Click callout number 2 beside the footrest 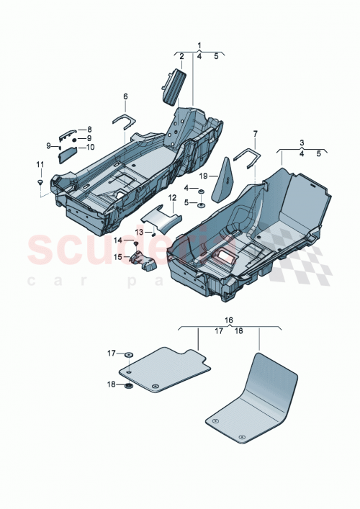[x=181, y=56]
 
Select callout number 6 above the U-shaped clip [x=125, y=96]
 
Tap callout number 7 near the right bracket [x=255, y=133]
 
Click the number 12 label [x=173, y=197]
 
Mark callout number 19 [x=204, y=176]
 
